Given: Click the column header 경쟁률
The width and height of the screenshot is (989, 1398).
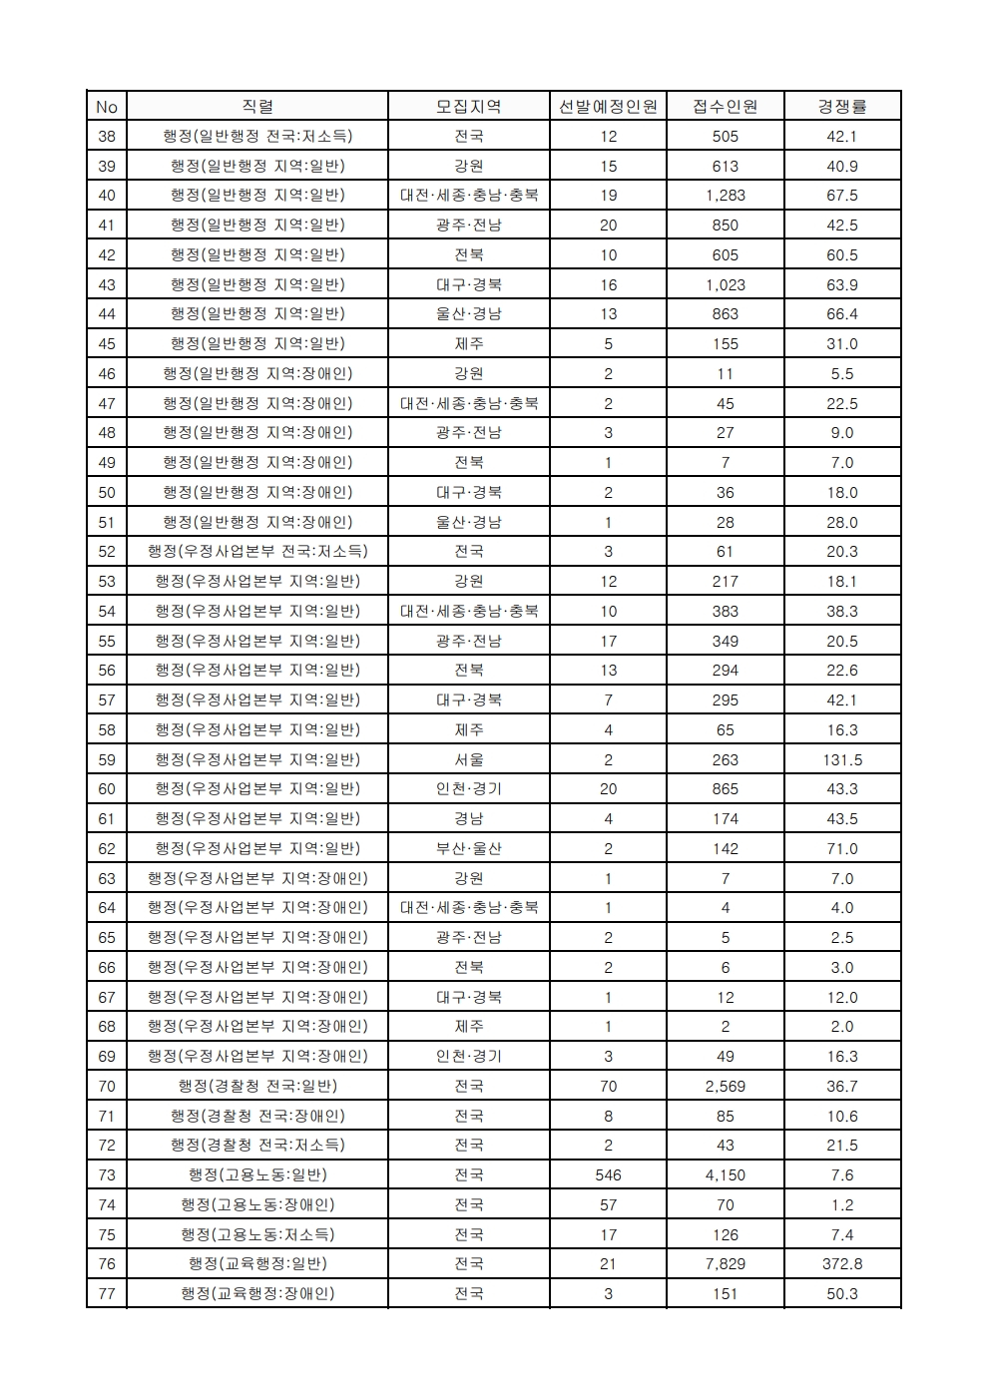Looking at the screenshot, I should (842, 106).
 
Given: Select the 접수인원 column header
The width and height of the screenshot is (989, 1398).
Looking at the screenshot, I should (726, 106).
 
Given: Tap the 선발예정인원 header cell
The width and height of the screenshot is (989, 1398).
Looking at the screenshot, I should (608, 106).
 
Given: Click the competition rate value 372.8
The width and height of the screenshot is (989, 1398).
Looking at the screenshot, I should (842, 1263).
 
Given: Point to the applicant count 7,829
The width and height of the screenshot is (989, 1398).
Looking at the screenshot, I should (726, 1263).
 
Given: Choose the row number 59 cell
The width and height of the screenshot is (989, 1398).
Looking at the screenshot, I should (107, 759).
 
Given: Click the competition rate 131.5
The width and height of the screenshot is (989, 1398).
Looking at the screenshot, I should (842, 759).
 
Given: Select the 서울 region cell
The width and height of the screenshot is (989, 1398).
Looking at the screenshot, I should (469, 759).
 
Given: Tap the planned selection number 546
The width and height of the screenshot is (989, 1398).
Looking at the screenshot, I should (608, 1174).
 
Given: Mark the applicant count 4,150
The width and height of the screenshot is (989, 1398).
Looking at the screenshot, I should (726, 1174).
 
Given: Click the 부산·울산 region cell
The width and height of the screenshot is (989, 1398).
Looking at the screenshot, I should (469, 848).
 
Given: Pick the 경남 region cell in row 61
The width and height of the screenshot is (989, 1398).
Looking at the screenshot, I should (469, 818).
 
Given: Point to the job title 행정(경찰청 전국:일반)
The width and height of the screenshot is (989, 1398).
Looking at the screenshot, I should (257, 1086).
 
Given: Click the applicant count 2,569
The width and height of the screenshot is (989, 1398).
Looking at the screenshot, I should (726, 1086).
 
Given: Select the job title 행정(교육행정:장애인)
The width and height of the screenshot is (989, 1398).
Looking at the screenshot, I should (257, 1293).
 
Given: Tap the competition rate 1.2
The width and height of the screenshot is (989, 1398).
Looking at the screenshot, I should (842, 1204).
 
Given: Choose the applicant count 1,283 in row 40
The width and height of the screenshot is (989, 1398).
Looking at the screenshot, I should (726, 195).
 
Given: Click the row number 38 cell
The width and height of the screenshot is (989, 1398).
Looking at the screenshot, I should (107, 136).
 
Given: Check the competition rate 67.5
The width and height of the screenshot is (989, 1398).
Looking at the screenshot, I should (842, 195).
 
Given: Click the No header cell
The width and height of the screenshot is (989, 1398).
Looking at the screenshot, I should (107, 106).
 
